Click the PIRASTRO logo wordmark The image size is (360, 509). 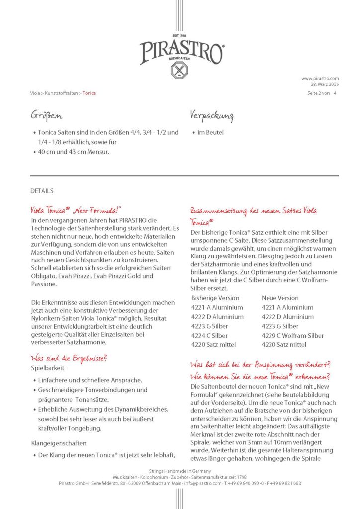click(181, 52)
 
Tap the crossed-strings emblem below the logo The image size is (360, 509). click(180, 70)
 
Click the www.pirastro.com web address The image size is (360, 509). click(320, 78)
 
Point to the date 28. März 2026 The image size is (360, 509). click(325, 84)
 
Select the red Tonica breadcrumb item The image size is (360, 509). click(90, 93)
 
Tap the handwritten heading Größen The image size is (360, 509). click(46, 116)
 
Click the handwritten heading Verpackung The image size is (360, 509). click(212, 116)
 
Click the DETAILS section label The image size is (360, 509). click(42, 191)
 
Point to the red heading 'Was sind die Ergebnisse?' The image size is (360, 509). click(69, 358)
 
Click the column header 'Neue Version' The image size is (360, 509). click(280, 298)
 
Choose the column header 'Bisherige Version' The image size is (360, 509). click(215, 298)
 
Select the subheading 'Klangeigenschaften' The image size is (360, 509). click(59, 443)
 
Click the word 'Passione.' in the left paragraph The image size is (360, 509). click(44, 284)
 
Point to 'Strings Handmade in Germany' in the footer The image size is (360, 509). click(180, 471)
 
